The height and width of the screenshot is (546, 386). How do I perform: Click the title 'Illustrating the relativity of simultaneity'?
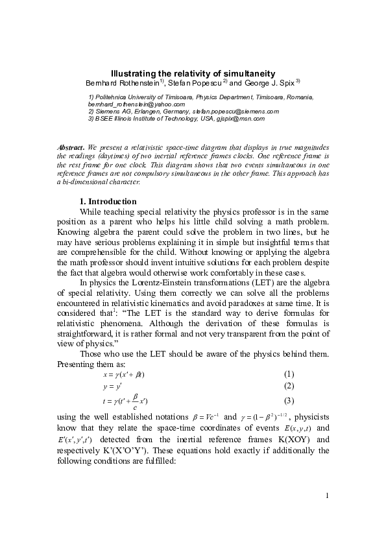tap(193, 74)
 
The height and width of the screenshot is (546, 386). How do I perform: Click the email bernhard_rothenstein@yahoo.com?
tap(136, 104)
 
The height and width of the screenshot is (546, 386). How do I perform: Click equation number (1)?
tap(289, 374)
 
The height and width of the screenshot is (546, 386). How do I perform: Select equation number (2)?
tap(289, 386)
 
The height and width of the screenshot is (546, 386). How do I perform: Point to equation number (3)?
tap(289, 401)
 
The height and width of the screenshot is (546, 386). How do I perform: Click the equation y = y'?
tap(112, 386)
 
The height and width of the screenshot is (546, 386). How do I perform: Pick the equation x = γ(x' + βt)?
tap(123, 375)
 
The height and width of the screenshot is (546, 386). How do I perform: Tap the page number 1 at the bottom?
tap(328, 496)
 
